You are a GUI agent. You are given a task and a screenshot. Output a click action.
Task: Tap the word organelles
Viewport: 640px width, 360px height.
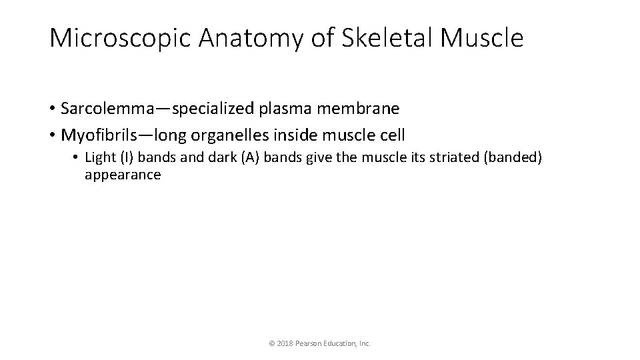pyautogui.click(x=226, y=135)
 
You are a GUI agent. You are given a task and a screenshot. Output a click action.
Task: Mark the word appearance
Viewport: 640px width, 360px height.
pyautogui.click(x=123, y=176)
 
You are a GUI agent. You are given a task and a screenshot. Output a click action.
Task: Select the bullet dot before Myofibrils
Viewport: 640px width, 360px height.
pyautogui.click(x=52, y=135)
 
